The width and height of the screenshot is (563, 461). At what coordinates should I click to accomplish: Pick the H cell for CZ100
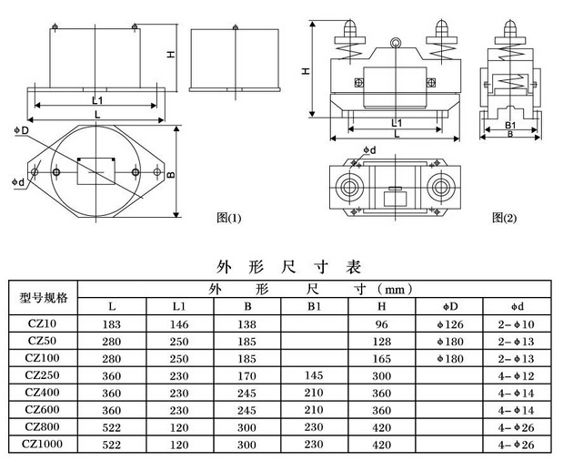[381, 357]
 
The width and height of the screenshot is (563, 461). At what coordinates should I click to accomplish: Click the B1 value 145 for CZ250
[315, 374]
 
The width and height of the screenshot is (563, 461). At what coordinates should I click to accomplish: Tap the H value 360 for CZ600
[381, 409]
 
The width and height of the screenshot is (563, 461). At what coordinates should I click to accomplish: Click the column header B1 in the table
[315, 306]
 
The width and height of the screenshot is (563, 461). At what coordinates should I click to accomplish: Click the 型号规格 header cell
[43, 298]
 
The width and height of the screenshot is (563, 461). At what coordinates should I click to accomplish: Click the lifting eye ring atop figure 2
[395, 42]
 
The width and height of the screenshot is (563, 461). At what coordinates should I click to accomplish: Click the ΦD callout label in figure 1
[21, 132]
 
